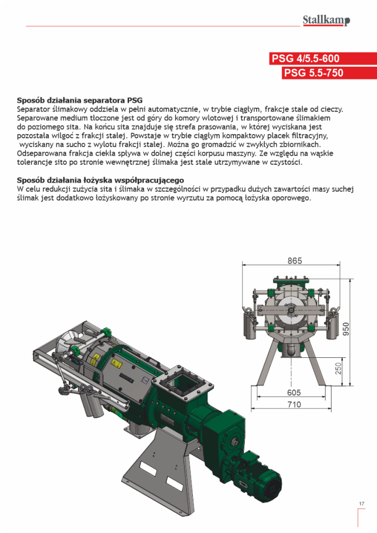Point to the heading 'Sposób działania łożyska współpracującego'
101,180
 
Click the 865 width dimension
294,261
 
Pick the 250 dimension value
337,369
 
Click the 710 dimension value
294,404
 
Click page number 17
361,504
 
